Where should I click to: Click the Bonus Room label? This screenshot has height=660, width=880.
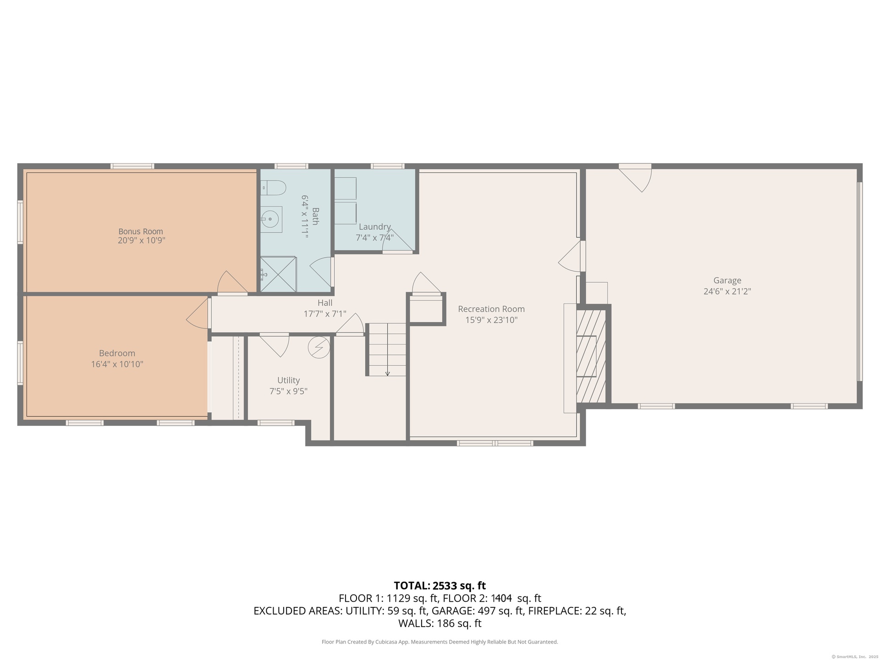click(x=141, y=231)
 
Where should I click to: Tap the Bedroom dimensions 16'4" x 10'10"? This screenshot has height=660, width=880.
click(x=117, y=364)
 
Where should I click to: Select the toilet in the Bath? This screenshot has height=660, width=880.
click(x=274, y=188)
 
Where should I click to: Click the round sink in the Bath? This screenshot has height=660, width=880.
click(x=271, y=220)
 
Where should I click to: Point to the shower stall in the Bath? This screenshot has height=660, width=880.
click(x=278, y=274)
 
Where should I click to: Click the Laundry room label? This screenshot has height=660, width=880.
click(x=374, y=227)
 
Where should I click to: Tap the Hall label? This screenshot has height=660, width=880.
click(x=325, y=303)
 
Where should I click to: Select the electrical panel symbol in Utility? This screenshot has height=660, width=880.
click(x=319, y=347)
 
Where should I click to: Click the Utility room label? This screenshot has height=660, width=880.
click(x=288, y=380)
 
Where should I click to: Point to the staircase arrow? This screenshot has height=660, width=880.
click(x=387, y=349)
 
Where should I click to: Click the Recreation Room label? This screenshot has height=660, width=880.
click(x=491, y=309)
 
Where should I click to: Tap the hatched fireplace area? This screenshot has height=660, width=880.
click(x=591, y=356)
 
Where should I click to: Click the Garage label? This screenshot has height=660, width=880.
click(x=727, y=280)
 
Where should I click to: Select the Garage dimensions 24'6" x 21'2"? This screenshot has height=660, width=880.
click(x=727, y=291)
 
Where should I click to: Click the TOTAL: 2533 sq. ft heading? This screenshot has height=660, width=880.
click(x=440, y=586)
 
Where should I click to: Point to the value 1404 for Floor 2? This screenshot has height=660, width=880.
click(x=501, y=599)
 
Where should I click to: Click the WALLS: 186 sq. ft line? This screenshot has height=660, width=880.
click(x=440, y=623)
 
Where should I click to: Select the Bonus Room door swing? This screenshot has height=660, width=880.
click(x=233, y=282)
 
